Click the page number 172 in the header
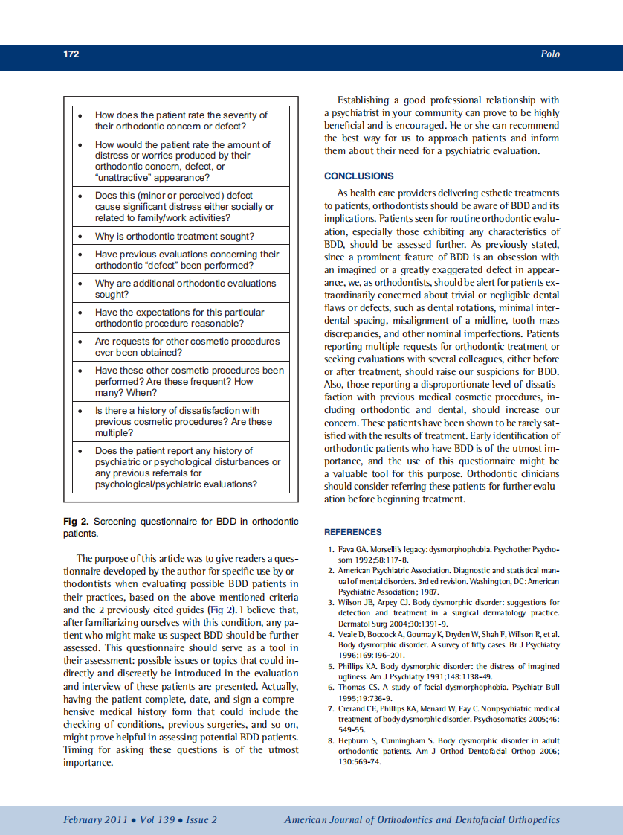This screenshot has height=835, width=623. [71, 54]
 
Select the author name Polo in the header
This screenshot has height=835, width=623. [550, 54]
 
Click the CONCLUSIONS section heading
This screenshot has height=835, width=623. [359, 176]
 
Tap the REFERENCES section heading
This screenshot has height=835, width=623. [353, 532]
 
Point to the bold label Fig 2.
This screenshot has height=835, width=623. [76, 522]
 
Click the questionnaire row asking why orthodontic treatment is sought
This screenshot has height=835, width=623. [174, 237]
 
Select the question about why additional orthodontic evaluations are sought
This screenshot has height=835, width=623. [185, 289]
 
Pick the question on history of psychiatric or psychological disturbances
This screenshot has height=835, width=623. [187, 467]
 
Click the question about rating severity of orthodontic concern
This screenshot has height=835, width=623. [181, 121]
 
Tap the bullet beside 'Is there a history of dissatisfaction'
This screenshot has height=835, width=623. [80, 411]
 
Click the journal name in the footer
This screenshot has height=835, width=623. [422, 820]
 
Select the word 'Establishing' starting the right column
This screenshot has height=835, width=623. [363, 100]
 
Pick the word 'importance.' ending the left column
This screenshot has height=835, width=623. [88, 763]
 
